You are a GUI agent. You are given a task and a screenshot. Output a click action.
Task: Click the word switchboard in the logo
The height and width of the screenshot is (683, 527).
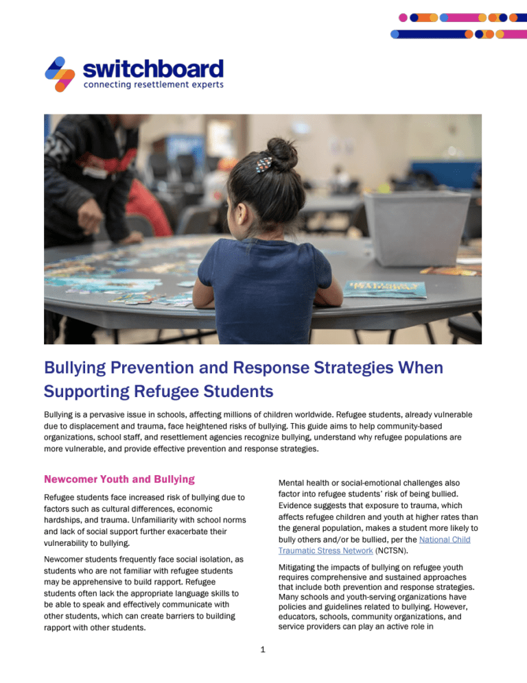click(153, 69)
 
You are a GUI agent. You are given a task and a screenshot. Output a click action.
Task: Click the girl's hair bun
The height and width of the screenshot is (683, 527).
click(281, 152)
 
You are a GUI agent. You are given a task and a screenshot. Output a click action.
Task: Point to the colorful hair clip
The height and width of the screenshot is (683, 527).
click(263, 164)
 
